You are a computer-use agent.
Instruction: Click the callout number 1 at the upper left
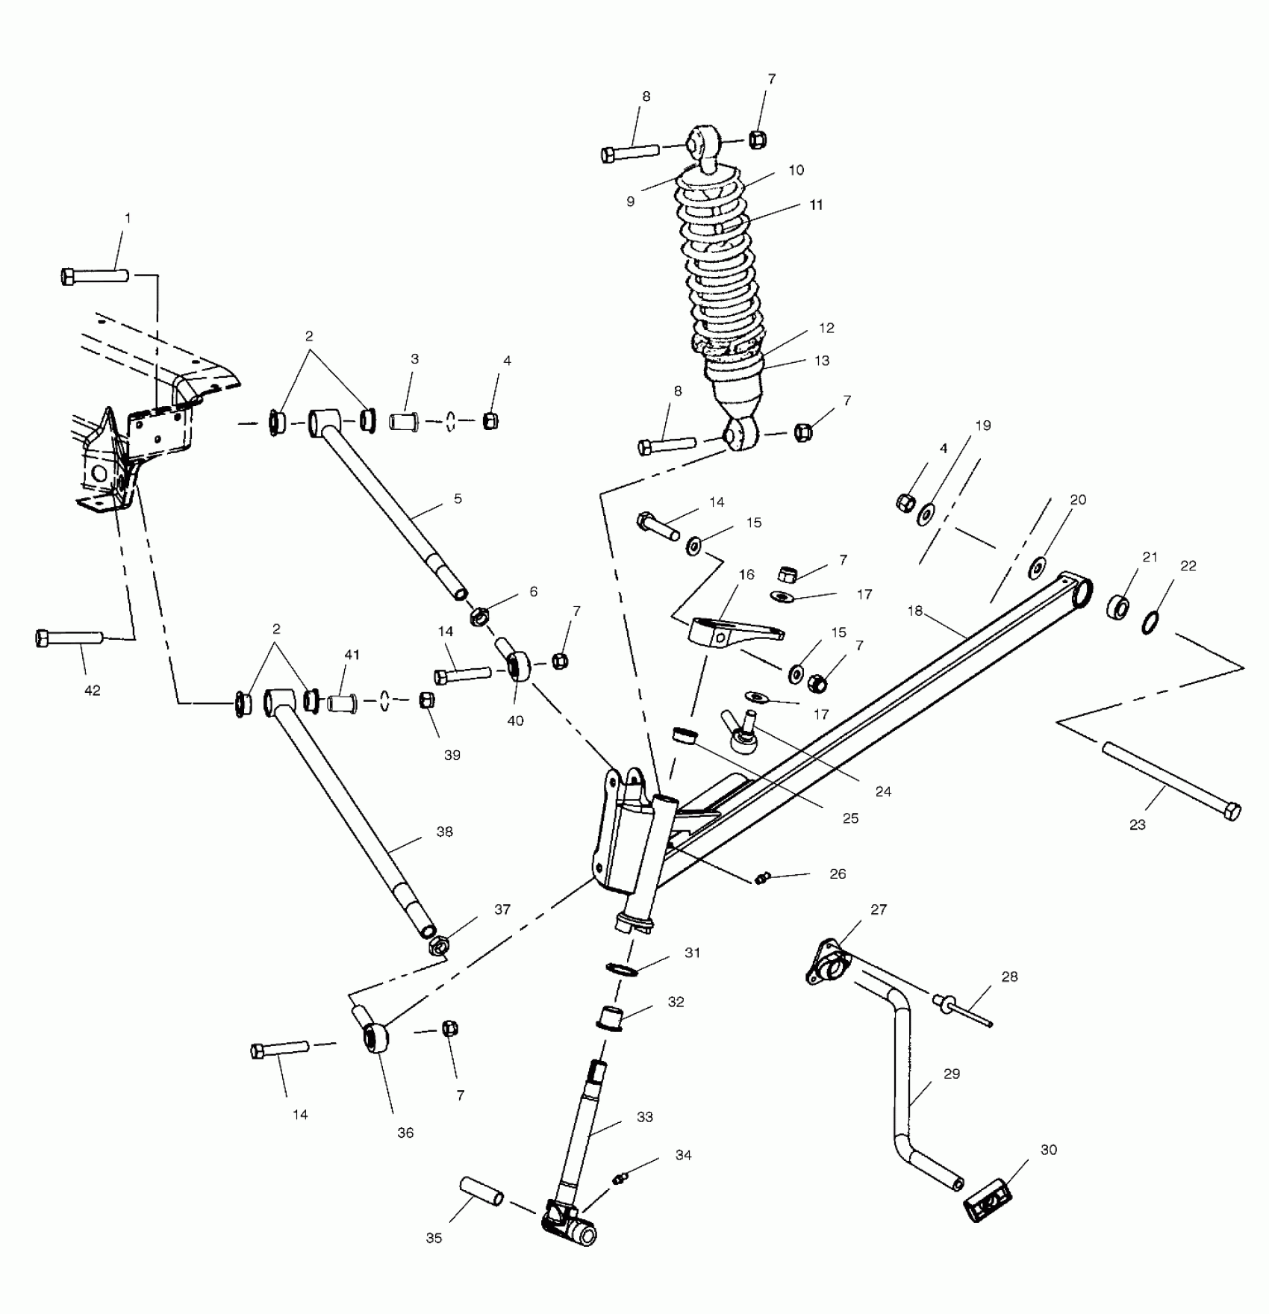[x=127, y=219]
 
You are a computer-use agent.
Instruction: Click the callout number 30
[x=1048, y=1150]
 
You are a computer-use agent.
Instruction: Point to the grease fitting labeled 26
[x=761, y=879]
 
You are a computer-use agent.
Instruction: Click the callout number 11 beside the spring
[x=816, y=205]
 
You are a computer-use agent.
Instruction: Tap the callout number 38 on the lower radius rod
[x=444, y=832]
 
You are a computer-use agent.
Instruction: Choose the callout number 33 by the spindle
[x=645, y=1117]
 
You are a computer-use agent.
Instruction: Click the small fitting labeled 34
[x=619, y=1179]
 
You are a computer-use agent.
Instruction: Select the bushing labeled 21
[x=1117, y=607]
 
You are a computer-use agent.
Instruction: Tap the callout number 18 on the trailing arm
[x=915, y=611]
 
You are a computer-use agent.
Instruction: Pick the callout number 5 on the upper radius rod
[x=458, y=498]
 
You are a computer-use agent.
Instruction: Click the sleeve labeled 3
[x=405, y=423]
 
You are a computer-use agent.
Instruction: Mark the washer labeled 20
[x=1038, y=568]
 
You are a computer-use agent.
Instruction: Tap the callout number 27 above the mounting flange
[x=879, y=909]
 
